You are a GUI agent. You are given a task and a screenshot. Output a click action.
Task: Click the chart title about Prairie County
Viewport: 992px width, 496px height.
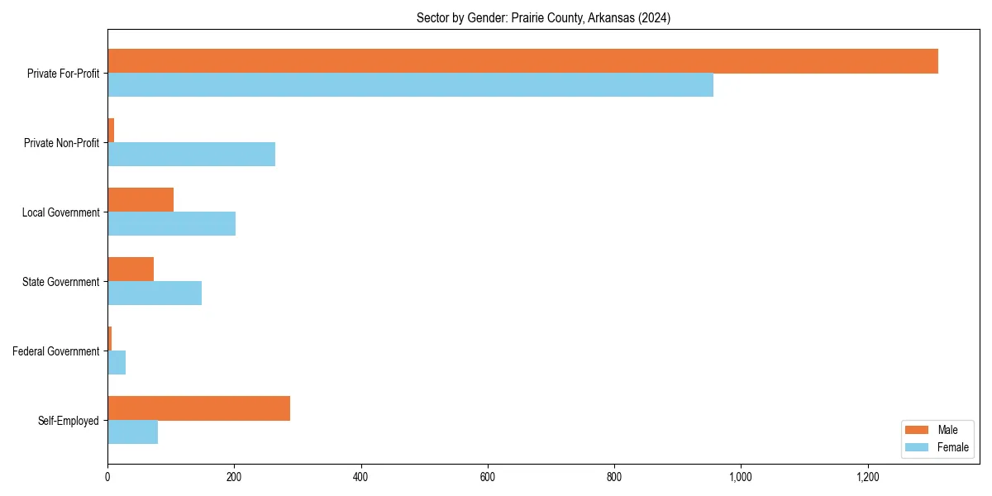[543, 18]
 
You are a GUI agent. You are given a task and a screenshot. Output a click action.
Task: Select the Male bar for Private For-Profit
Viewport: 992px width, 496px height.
[522, 61]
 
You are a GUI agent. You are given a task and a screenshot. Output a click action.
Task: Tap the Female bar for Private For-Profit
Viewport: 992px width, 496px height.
[410, 85]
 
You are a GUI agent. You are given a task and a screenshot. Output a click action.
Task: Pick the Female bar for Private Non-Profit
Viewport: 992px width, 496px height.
[191, 155]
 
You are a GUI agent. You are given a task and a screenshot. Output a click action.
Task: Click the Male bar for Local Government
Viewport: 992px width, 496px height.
[141, 200]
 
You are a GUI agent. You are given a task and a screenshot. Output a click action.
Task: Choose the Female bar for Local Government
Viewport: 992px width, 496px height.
[171, 224]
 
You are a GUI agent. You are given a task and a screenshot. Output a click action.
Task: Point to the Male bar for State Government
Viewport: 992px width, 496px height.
[131, 269]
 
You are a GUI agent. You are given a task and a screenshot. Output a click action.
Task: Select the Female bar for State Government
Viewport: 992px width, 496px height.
[155, 293]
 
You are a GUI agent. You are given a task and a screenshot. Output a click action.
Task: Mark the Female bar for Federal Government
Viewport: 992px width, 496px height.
[117, 363]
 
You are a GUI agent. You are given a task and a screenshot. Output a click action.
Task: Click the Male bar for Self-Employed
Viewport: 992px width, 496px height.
[198, 408]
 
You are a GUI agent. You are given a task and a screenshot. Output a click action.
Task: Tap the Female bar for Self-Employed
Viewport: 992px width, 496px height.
[132, 432]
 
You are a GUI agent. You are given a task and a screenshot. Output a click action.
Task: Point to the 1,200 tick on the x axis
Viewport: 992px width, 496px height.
[867, 477]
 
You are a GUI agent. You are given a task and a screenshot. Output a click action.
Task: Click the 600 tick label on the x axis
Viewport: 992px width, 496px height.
[487, 477]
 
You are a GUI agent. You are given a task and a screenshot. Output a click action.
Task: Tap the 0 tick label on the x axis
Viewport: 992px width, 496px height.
[107, 477]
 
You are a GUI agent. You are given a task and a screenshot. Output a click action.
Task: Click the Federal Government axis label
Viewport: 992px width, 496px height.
[56, 351]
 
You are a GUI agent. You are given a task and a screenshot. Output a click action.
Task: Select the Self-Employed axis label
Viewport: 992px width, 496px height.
[68, 421]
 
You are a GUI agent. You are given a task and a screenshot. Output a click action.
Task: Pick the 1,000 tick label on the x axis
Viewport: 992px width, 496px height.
[740, 477]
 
